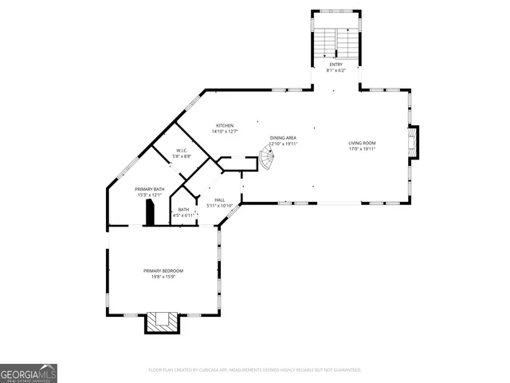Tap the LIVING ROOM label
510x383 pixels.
pyautogui.click(x=362, y=143)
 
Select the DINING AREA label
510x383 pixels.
pyautogui.click(x=283, y=138)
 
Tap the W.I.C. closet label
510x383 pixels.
pyautogui.click(x=182, y=151)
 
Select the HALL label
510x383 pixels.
pyautogui.click(x=219, y=200)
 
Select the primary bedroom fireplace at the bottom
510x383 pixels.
pyautogui.click(x=163, y=322)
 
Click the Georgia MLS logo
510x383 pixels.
pyautogui.click(x=29, y=373)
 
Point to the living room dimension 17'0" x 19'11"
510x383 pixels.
pyautogui.click(x=362, y=149)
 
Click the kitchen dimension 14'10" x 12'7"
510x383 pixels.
pyautogui.click(x=226, y=132)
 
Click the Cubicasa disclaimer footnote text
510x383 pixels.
pyautogui.click(x=255, y=370)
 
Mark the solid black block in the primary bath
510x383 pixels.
pyautogui.click(x=148, y=214)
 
